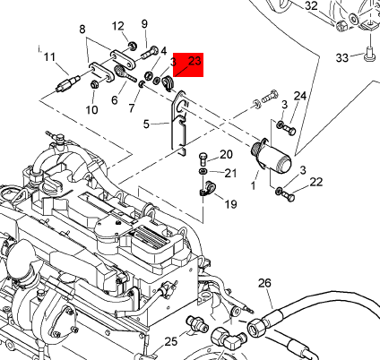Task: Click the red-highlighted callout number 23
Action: click(x=194, y=61)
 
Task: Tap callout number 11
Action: click(x=50, y=56)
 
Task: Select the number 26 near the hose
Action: click(x=264, y=283)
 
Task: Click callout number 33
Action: click(x=342, y=57)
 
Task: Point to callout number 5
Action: click(x=146, y=124)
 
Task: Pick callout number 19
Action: click(x=230, y=204)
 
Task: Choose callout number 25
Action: click(x=171, y=341)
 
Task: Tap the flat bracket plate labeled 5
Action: click(x=179, y=124)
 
